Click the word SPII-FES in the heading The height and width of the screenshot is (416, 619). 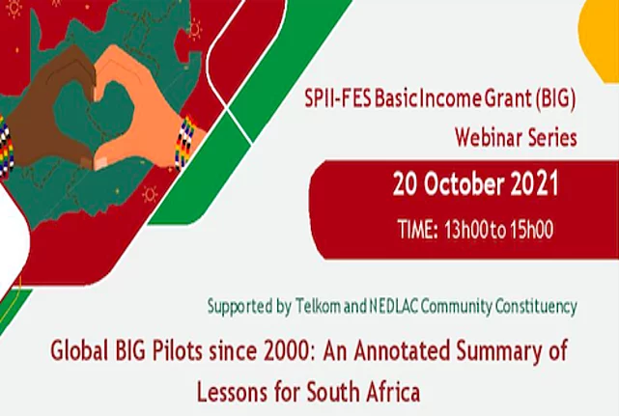[338, 98]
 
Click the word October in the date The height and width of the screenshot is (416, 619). [464, 184]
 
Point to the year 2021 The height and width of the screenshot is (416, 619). [535, 184]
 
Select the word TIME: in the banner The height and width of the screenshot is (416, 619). [418, 230]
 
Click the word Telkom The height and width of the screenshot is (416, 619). [318, 307]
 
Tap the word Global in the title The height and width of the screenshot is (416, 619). [79, 350]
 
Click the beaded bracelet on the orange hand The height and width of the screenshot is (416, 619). [185, 142]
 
